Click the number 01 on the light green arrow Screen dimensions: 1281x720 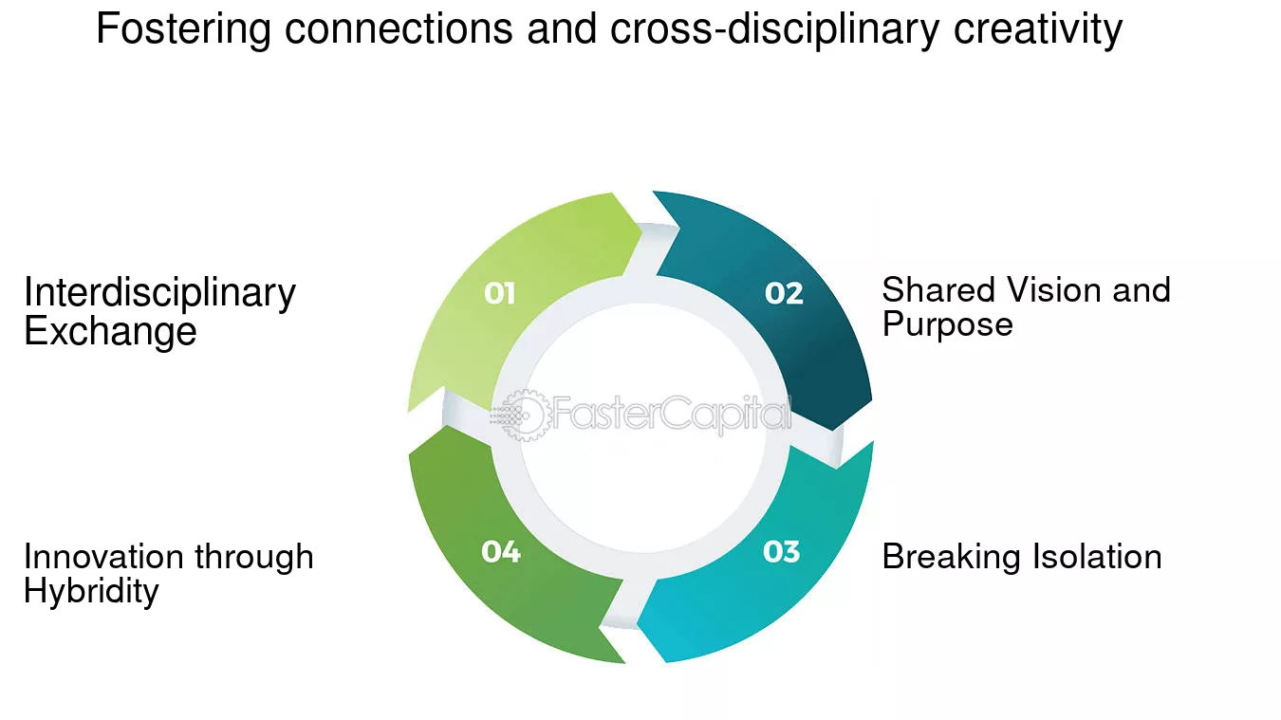tap(499, 293)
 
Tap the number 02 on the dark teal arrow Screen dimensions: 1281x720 tap(784, 293)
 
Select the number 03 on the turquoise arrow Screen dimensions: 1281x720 tap(781, 552)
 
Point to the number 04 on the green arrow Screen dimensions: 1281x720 tap(501, 552)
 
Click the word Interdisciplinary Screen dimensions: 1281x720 tap(160, 294)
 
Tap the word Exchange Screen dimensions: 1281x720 tap(110, 332)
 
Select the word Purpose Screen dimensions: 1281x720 tap(948, 325)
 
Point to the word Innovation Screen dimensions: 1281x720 tap(103, 557)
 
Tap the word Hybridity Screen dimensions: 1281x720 tap(91, 592)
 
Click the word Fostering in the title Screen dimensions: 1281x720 tap(183, 29)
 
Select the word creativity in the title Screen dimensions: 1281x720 tap(1038, 28)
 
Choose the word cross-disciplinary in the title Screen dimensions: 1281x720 tap(775, 29)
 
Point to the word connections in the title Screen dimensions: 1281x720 tap(399, 28)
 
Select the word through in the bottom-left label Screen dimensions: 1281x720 tap(254, 558)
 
